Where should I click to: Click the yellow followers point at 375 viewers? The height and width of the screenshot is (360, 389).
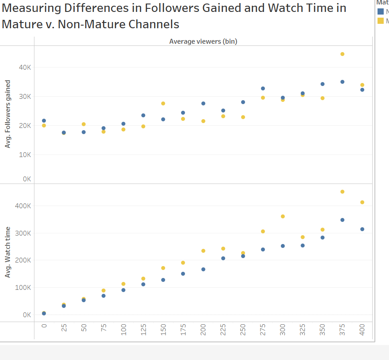(x=342, y=54)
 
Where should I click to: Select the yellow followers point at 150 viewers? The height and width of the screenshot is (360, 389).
(x=163, y=103)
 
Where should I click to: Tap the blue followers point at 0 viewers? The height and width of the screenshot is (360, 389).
(x=44, y=120)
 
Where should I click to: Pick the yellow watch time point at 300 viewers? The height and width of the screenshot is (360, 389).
(x=283, y=216)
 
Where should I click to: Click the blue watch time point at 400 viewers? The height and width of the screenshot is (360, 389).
(x=362, y=229)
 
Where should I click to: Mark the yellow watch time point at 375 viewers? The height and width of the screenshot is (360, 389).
(x=342, y=191)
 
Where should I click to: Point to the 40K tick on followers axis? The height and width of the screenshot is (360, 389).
(x=24, y=67)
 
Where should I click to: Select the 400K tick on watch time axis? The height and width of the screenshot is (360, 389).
(x=23, y=206)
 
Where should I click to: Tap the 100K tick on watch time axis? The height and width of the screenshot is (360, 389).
(x=23, y=287)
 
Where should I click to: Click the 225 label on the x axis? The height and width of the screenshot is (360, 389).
(x=223, y=330)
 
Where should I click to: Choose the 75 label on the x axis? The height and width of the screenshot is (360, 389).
(x=104, y=330)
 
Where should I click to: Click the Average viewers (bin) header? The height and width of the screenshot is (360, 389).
(x=203, y=41)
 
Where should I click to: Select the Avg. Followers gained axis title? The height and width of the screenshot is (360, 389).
(x=8, y=113)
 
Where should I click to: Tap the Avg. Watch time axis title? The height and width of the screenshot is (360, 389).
(x=8, y=252)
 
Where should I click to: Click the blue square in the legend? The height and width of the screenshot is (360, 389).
(x=381, y=11)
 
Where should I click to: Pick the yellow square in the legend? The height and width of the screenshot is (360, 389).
(x=381, y=20)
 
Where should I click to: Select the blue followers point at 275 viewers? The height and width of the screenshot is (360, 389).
(x=263, y=88)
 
